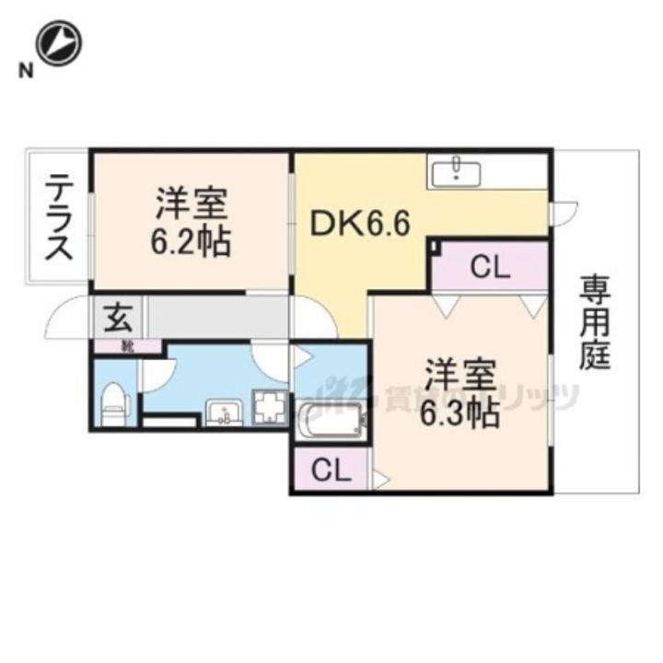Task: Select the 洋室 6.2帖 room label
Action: pyautogui.click(x=192, y=221)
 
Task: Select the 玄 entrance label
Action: pyautogui.click(x=118, y=318)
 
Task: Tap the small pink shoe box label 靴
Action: pyautogui.click(x=127, y=346)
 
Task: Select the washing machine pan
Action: pyautogui.click(x=270, y=407)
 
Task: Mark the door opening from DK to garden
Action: pyautogui.click(x=562, y=213)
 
